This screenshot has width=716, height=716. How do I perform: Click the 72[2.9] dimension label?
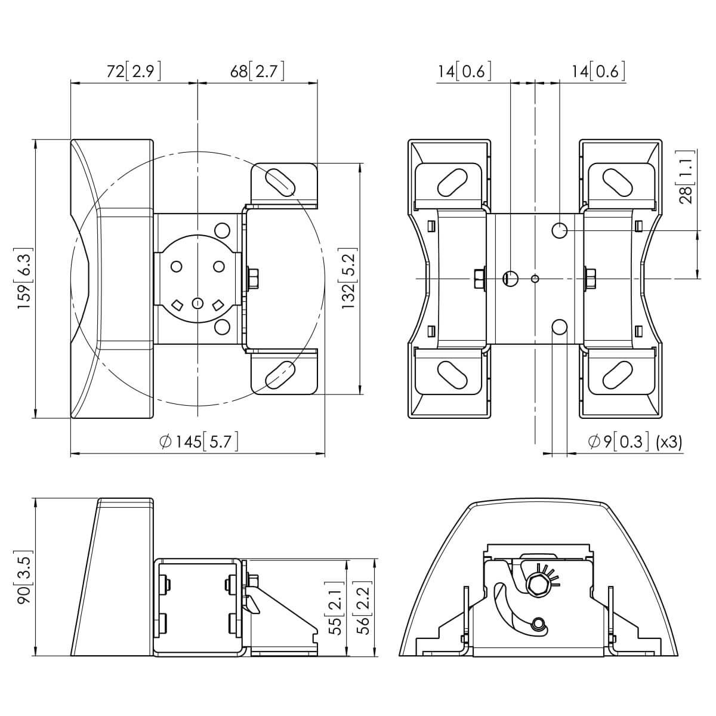coord(134,71)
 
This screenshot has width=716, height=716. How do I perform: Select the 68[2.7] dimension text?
coord(257,71)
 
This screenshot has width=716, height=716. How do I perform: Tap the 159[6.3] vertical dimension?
coord(24,278)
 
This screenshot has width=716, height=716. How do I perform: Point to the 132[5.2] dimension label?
coord(349,279)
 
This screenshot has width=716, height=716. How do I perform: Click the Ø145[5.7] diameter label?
coord(199,442)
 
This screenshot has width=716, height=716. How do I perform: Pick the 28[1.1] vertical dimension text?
coord(686,177)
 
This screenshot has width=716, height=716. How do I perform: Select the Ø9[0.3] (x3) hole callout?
coord(635,442)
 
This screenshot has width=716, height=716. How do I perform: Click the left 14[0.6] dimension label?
coord(464,71)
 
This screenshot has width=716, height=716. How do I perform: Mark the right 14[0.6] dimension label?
coord(597,71)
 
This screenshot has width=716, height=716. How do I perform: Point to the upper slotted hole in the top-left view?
coord(280,182)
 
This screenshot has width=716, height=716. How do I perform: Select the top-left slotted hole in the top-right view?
coord(452,183)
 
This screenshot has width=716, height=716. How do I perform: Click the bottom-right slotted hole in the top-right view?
coord(618,375)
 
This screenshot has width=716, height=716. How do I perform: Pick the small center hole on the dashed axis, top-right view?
coord(535,278)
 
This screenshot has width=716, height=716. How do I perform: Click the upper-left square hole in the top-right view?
coord(431,226)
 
